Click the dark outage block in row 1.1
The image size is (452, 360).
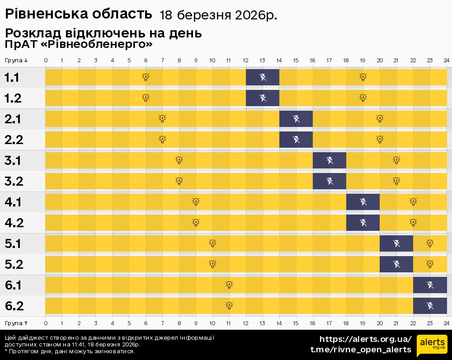tap(263, 77)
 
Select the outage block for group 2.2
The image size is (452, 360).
tap(296, 139)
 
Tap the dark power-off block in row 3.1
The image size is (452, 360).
tap(330, 160)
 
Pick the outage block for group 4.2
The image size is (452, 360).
tap(363, 222)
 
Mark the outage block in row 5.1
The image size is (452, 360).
tap(396, 243)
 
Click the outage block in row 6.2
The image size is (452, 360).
tap(430, 306)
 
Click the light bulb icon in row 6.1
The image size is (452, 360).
tap(229, 285)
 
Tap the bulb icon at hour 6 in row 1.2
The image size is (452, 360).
tap(146, 98)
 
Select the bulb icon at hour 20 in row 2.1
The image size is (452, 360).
tap(380, 118)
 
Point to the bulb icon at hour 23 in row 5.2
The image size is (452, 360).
tap(430, 264)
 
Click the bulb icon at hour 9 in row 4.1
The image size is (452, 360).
tap(196, 201)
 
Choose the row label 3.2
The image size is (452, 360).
tap(14, 181)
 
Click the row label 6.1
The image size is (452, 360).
tap(14, 285)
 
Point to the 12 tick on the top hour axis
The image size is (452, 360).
tap(246, 61)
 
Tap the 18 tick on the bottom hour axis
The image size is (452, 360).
tap(346, 323)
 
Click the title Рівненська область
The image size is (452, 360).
tap(78, 14)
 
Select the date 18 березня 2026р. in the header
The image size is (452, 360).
tap(218, 15)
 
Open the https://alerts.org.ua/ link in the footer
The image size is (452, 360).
tap(365, 339)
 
